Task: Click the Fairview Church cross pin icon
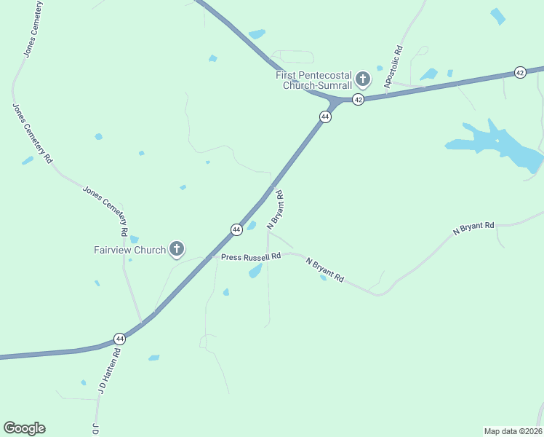tap(176, 249)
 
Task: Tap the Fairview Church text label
tap(130, 250)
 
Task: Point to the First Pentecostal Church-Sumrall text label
tap(314, 80)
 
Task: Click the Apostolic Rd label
tap(393, 68)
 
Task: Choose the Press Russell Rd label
tap(251, 257)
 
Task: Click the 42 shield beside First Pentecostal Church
tap(358, 99)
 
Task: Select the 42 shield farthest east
tap(519, 72)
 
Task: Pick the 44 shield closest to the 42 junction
tap(325, 117)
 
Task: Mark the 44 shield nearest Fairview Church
tap(236, 229)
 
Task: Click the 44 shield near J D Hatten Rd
tap(119, 339)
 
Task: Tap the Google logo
tap(24, 428)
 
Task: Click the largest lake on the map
tap(502, 146)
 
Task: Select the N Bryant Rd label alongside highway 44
tap(275, 210)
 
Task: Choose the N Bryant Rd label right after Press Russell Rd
tap(324, 270)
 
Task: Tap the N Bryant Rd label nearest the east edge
tap(473, 228)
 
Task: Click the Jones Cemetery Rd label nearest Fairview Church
tap(106, 211)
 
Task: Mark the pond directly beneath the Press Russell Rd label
tap(255, 271)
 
